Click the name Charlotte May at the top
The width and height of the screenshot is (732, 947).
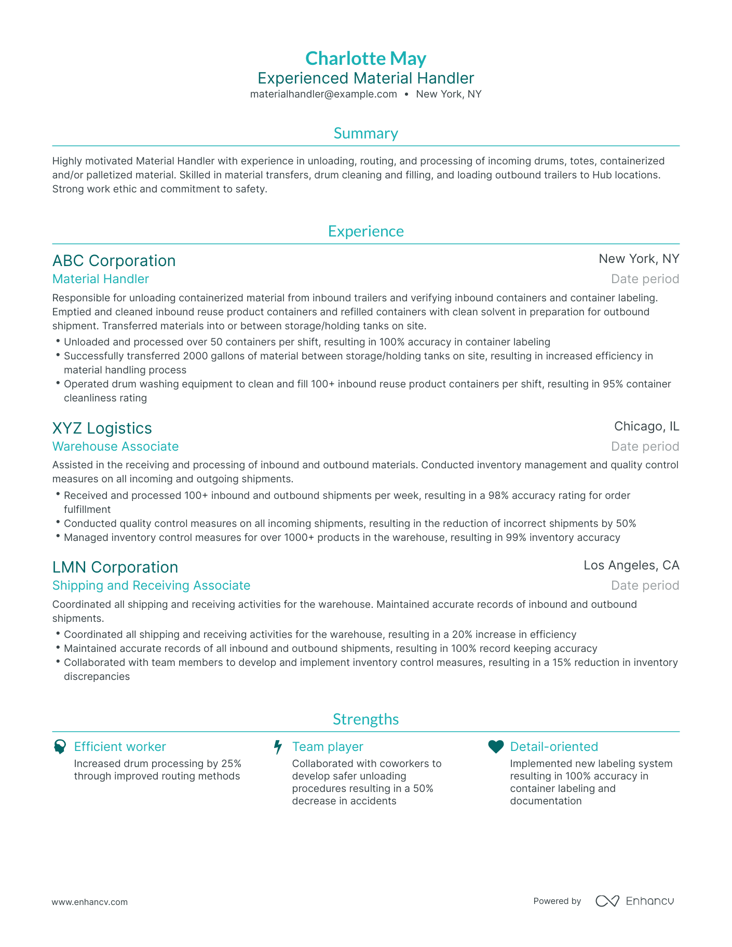point(365,58)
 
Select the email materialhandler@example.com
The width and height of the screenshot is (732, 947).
point(323,94)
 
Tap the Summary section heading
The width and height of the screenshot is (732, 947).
point(365,133)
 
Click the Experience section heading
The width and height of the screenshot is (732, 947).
point(365,231)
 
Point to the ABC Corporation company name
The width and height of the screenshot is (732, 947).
point(114,260)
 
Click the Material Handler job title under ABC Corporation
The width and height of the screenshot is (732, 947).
point(101,279)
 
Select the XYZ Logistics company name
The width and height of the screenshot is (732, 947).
point(102,428)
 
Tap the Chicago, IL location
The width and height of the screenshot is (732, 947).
point(646,426)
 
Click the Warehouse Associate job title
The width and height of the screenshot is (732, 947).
point(115,447)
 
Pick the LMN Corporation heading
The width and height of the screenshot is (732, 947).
point(115,567)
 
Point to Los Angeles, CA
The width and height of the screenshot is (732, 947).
point(631,565)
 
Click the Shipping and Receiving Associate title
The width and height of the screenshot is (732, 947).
point(151,586)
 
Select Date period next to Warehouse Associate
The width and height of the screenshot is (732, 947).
point(645,447)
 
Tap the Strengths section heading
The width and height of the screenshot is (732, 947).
point(365,719)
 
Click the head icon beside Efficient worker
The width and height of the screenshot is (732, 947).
point(60,747)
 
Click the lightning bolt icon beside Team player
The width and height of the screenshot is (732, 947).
point(278,747)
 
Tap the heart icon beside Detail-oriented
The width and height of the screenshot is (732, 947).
point(496,747)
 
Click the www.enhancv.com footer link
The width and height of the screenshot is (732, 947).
point(89,902)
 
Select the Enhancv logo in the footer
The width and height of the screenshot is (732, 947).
point(634,901)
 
